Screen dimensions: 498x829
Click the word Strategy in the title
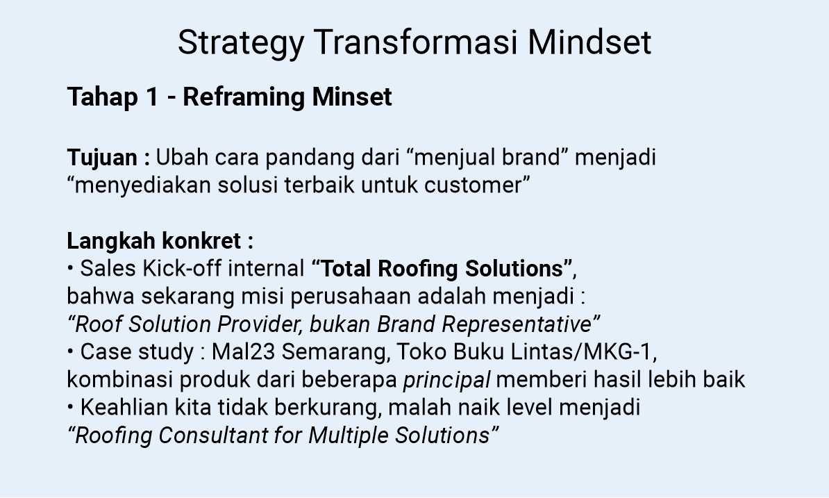point(240,44)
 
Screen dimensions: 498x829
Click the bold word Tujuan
point(102,158)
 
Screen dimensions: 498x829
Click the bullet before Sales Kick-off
point(71,269)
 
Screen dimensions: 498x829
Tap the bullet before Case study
point(71,352)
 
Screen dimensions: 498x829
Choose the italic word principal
point(447,381)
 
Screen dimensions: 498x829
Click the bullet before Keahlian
point(71,408)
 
